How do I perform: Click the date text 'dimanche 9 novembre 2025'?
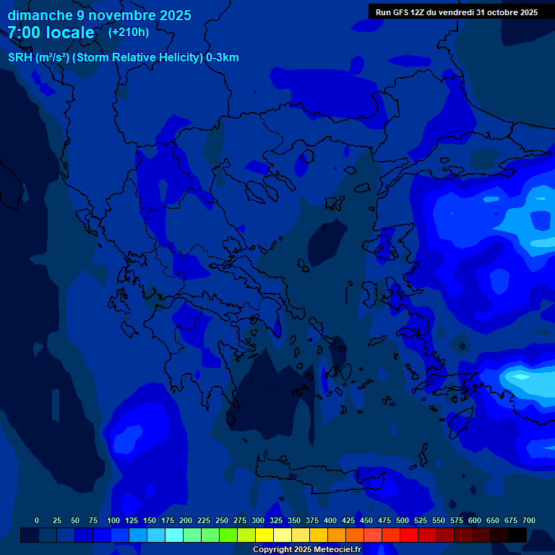[99, 15]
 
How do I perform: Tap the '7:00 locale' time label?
[51, 33]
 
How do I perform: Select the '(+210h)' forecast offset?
[129, 33]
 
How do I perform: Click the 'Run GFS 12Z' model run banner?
[456, 12]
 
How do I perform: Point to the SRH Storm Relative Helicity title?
[123, 58]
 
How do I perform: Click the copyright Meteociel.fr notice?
[306, 549]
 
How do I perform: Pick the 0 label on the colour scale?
[37, 520]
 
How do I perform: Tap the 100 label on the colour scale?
[113, 520]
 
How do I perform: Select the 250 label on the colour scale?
[222, 520]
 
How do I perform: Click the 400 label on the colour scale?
[330, 520]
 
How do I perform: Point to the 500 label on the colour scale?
[403, 520]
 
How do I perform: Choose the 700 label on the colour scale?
[529, 520]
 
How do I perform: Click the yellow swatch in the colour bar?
[264, 535]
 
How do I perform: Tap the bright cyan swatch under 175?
[174, 535]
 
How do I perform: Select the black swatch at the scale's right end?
[517, 535]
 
